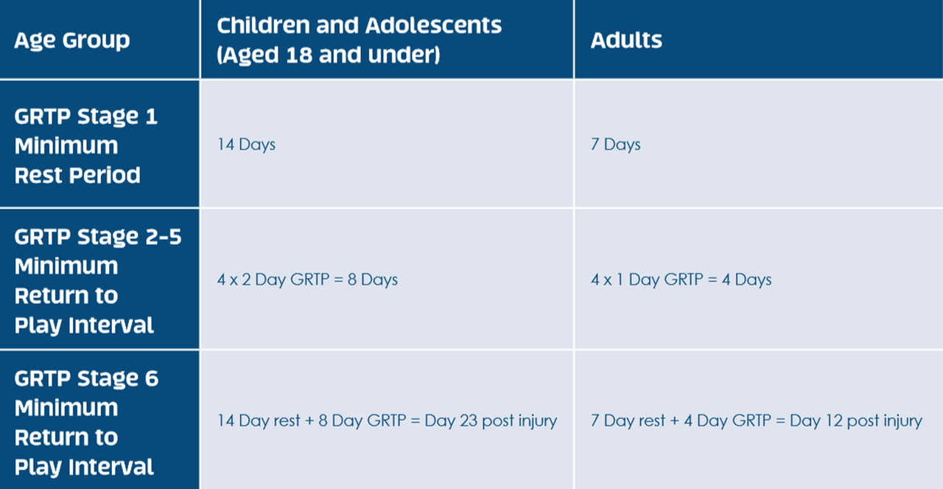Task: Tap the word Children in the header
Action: point(263,25)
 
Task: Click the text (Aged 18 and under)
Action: point(329,55)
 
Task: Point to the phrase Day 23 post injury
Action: point(491,420)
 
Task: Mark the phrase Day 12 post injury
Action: point(856,420)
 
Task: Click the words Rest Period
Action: point(77,175)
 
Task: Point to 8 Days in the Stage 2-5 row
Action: point(373,280)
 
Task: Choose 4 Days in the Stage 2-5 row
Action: point(747,280)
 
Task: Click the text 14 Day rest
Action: point(259,420)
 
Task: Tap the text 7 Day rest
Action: point(628,420)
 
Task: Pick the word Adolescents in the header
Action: point(434,25)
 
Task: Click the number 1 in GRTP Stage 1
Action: point(152,116)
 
